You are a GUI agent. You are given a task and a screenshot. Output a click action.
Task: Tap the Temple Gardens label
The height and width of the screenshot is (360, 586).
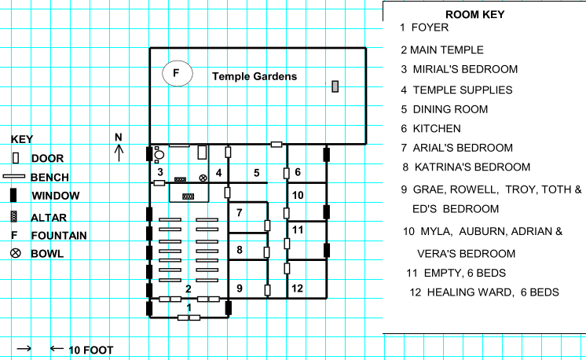(255, 76)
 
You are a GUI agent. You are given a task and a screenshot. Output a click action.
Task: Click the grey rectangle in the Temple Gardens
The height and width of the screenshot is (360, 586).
(335, 86)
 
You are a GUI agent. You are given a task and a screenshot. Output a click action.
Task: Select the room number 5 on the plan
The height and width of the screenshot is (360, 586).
(256, 173)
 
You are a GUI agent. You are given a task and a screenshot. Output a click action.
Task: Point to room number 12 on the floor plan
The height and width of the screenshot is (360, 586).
(297, 288)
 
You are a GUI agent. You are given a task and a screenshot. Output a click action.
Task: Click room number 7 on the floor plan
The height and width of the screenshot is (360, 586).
(240, 213)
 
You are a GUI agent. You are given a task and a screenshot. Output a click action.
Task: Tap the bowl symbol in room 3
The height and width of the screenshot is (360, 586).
(203, 178)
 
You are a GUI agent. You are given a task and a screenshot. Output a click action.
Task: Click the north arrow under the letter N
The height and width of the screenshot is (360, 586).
(119, 153)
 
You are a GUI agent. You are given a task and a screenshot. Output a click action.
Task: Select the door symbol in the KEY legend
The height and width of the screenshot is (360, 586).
(16, 158)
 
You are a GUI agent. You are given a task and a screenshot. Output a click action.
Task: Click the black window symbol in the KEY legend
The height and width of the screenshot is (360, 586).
(13, 195)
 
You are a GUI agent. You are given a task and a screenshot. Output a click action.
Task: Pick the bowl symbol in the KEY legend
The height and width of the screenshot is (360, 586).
(16, 253)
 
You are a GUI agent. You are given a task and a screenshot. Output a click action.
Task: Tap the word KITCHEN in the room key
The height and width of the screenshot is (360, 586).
(437, 129)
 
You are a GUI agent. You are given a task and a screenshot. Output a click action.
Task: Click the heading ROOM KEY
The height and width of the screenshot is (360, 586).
(475, 15)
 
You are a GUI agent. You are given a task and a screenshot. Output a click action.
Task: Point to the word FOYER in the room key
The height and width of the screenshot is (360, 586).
(430, 28)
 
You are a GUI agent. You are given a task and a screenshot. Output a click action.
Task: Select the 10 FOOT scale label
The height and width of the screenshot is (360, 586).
(91, 351)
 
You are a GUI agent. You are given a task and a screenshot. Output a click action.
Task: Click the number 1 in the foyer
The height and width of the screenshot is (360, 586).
(189, 307)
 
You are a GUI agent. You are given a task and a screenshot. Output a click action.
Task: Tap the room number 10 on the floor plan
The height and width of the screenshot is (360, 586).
(298, 195)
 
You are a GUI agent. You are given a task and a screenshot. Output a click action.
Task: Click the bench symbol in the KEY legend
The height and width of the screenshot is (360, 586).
(14, 176)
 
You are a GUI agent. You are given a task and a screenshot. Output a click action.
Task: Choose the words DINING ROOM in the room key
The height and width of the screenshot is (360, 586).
(450, 109)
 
